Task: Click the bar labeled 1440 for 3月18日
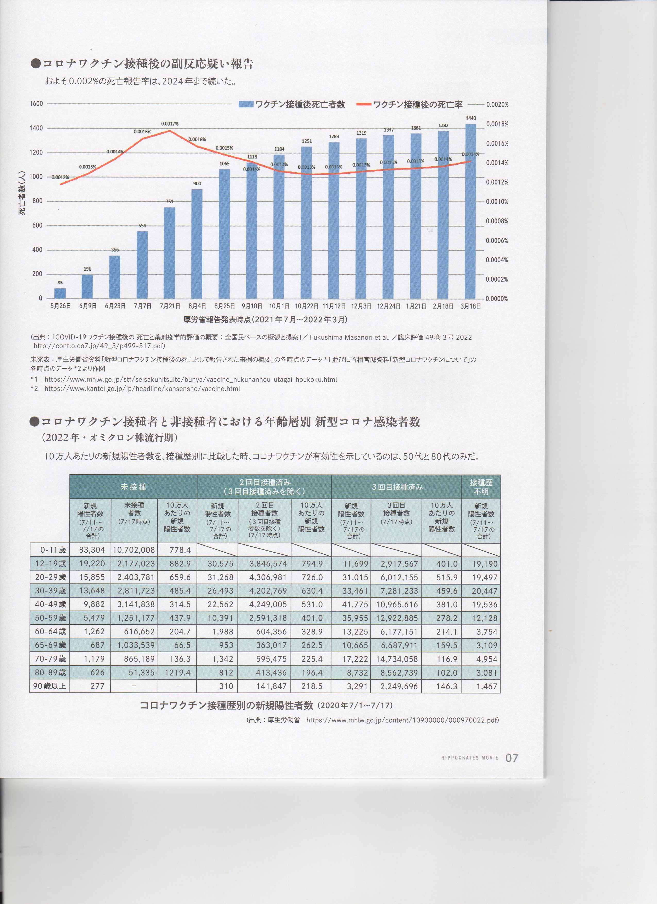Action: [x=470, y=211]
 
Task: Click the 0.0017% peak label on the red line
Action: [x=170, y=124]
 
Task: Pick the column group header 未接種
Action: [x=133, y=487]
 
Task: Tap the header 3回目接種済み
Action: [x=397, y=487]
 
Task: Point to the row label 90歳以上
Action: [x=50, y=686]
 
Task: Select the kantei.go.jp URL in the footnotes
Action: [x=142, y=388]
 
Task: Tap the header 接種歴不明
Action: [x=481, y=487]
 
